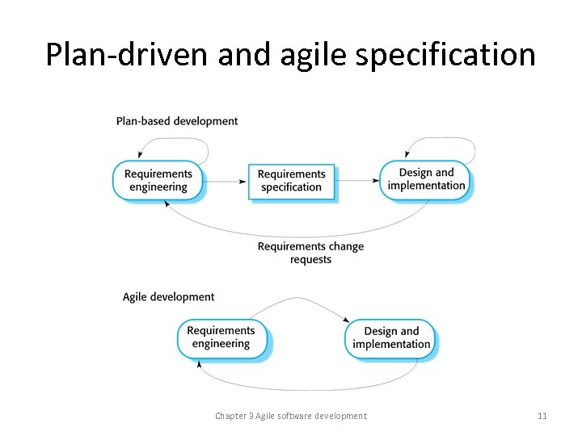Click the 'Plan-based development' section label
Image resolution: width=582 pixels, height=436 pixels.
[x=177, y=121]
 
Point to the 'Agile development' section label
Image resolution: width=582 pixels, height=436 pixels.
[x=169, y=297]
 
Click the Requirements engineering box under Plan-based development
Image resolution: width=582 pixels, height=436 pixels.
[x=158, y=180]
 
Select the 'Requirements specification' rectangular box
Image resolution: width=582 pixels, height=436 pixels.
[x=291, y=181]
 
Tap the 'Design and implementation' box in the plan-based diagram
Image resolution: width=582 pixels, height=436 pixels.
[x=426, y=179]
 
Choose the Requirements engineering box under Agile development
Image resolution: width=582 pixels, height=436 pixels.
[x=221, y=337]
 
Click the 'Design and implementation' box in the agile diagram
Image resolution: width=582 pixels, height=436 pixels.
[x=391, y=337]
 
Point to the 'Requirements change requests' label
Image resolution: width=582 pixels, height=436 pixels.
[x=310, y=253]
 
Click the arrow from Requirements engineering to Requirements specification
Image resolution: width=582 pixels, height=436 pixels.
[x=226, y=182]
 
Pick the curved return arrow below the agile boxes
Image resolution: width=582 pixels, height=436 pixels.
[x=307, y=388]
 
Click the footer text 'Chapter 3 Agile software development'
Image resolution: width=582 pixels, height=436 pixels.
[x=290, y=416]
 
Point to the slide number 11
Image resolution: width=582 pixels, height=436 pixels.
[x=542, y=416]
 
